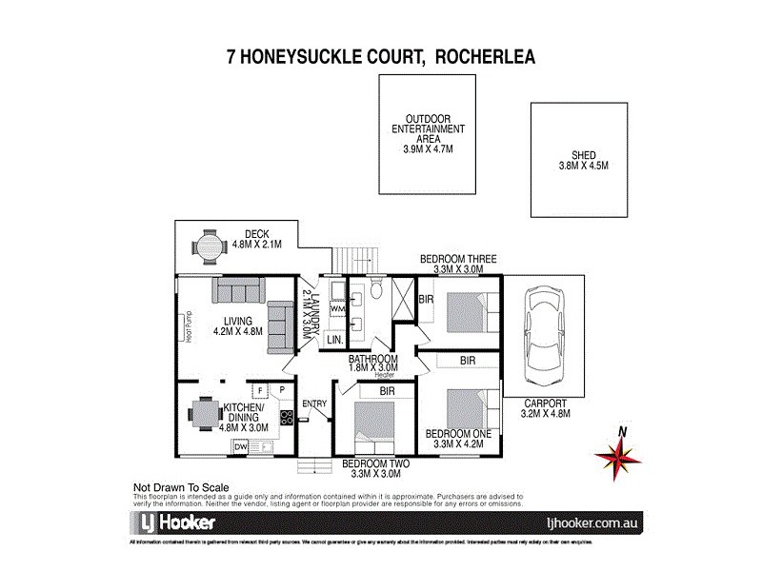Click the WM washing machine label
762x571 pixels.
(336, 309)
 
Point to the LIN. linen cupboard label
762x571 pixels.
(334, 339)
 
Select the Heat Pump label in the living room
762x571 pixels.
(188, 326)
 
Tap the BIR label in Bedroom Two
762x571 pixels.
(388, 391)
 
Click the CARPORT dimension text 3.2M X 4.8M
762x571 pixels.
(544, 414)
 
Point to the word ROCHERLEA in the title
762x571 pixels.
(483, 56)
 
